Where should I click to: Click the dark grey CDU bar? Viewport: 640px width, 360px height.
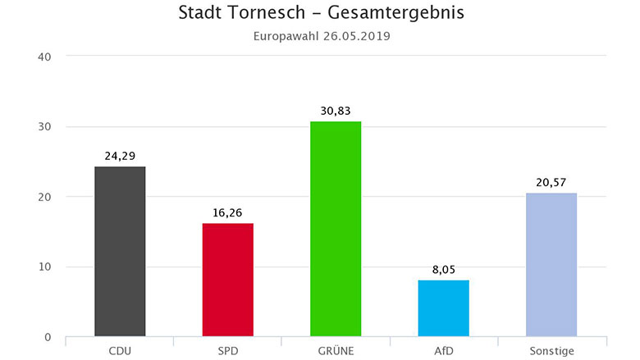point(120,251)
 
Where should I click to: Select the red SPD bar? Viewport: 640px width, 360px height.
point(227,280)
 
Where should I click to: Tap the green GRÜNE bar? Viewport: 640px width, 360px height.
point(335,229)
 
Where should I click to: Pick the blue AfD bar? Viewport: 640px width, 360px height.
point(443,308)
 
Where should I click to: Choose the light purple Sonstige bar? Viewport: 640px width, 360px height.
point(551,264)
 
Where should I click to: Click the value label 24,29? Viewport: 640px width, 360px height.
point(120,156)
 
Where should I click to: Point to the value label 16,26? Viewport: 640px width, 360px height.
point(227,212)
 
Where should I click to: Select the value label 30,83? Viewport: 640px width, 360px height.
point(335,111)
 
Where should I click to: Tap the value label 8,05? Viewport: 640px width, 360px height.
point(443,269)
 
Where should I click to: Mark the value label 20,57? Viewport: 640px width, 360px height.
point(551,182)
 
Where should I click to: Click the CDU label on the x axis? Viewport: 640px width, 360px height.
point(120,351)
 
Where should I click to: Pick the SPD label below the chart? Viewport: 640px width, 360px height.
point(227,351)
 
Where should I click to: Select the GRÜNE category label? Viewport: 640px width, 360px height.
point(335,351)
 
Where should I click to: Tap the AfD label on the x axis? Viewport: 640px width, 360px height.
point(443,351)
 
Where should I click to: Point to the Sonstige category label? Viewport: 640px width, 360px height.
point(551,351)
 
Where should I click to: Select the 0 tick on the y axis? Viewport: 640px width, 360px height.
point(48,337)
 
